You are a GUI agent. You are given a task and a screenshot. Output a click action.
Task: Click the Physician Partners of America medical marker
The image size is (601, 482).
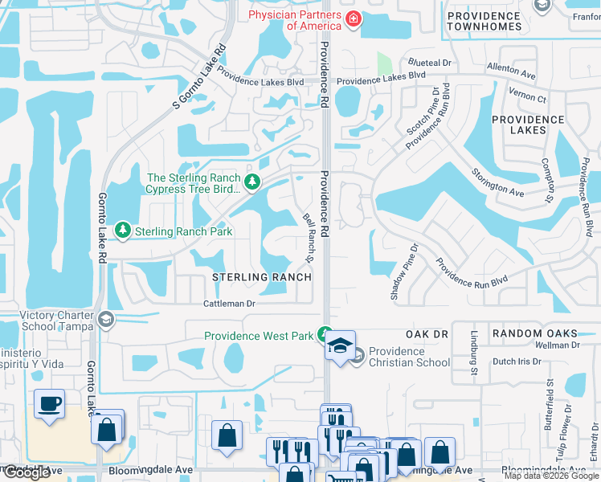(x=352, y=19)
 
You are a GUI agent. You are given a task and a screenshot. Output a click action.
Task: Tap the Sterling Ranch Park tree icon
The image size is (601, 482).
(x=123, y=231)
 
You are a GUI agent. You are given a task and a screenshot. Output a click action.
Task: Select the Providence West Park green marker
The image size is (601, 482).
(x=325, y=334)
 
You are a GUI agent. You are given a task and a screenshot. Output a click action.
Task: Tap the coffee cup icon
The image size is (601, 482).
(x=50, y=403)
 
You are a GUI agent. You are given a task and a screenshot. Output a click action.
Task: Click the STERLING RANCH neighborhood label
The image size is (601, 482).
(x=261, y=277)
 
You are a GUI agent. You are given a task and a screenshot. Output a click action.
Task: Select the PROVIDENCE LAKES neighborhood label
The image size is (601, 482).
(x=528, y=125)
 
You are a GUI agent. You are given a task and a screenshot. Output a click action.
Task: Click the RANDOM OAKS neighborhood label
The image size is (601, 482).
(x=535, y=333)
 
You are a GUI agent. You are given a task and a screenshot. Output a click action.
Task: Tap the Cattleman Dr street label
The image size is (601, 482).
(x=228, y=304)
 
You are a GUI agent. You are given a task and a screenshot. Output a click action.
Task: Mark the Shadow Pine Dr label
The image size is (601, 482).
(x=406, y=272)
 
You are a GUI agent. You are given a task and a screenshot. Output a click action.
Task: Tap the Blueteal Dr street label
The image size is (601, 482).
(x=429, y=62)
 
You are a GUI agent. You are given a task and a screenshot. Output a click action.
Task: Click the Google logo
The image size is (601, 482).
(x=27, y=473)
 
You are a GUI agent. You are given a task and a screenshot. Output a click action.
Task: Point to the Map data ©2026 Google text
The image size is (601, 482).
(x=550, y=476)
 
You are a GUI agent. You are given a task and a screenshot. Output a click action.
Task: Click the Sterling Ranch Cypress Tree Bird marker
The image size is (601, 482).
(x=252, y=182)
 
